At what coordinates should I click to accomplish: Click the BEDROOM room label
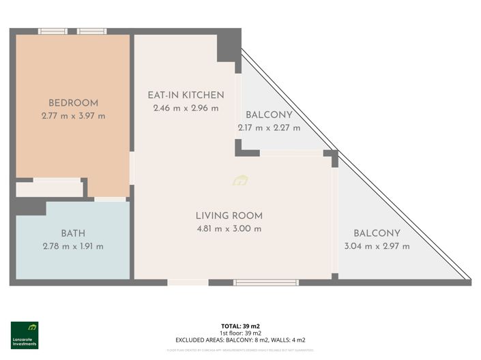pos(73,103)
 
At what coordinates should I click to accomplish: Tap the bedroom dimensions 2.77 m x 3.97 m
pos(73,116)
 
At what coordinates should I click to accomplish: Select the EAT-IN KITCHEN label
pos(186,95)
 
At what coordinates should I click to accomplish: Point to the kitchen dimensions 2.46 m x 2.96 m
pos(186,108)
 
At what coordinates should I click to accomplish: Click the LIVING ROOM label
pos(229,215)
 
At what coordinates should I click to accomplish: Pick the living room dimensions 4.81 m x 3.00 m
pos(229,228)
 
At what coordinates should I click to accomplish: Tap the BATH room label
pos(73,233)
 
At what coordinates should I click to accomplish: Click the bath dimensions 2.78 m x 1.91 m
pos(73,246)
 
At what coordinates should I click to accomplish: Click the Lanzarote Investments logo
pos(25,335)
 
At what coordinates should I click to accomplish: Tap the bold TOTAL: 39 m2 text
pos(240,327)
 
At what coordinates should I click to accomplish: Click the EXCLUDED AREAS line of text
pos(240,340)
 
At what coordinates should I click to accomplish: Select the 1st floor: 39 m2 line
pos(240,333)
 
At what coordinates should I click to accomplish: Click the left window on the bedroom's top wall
pos(52,31)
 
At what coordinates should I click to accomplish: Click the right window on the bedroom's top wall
pos(91,31)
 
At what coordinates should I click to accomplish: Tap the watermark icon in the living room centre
pos(240,181)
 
